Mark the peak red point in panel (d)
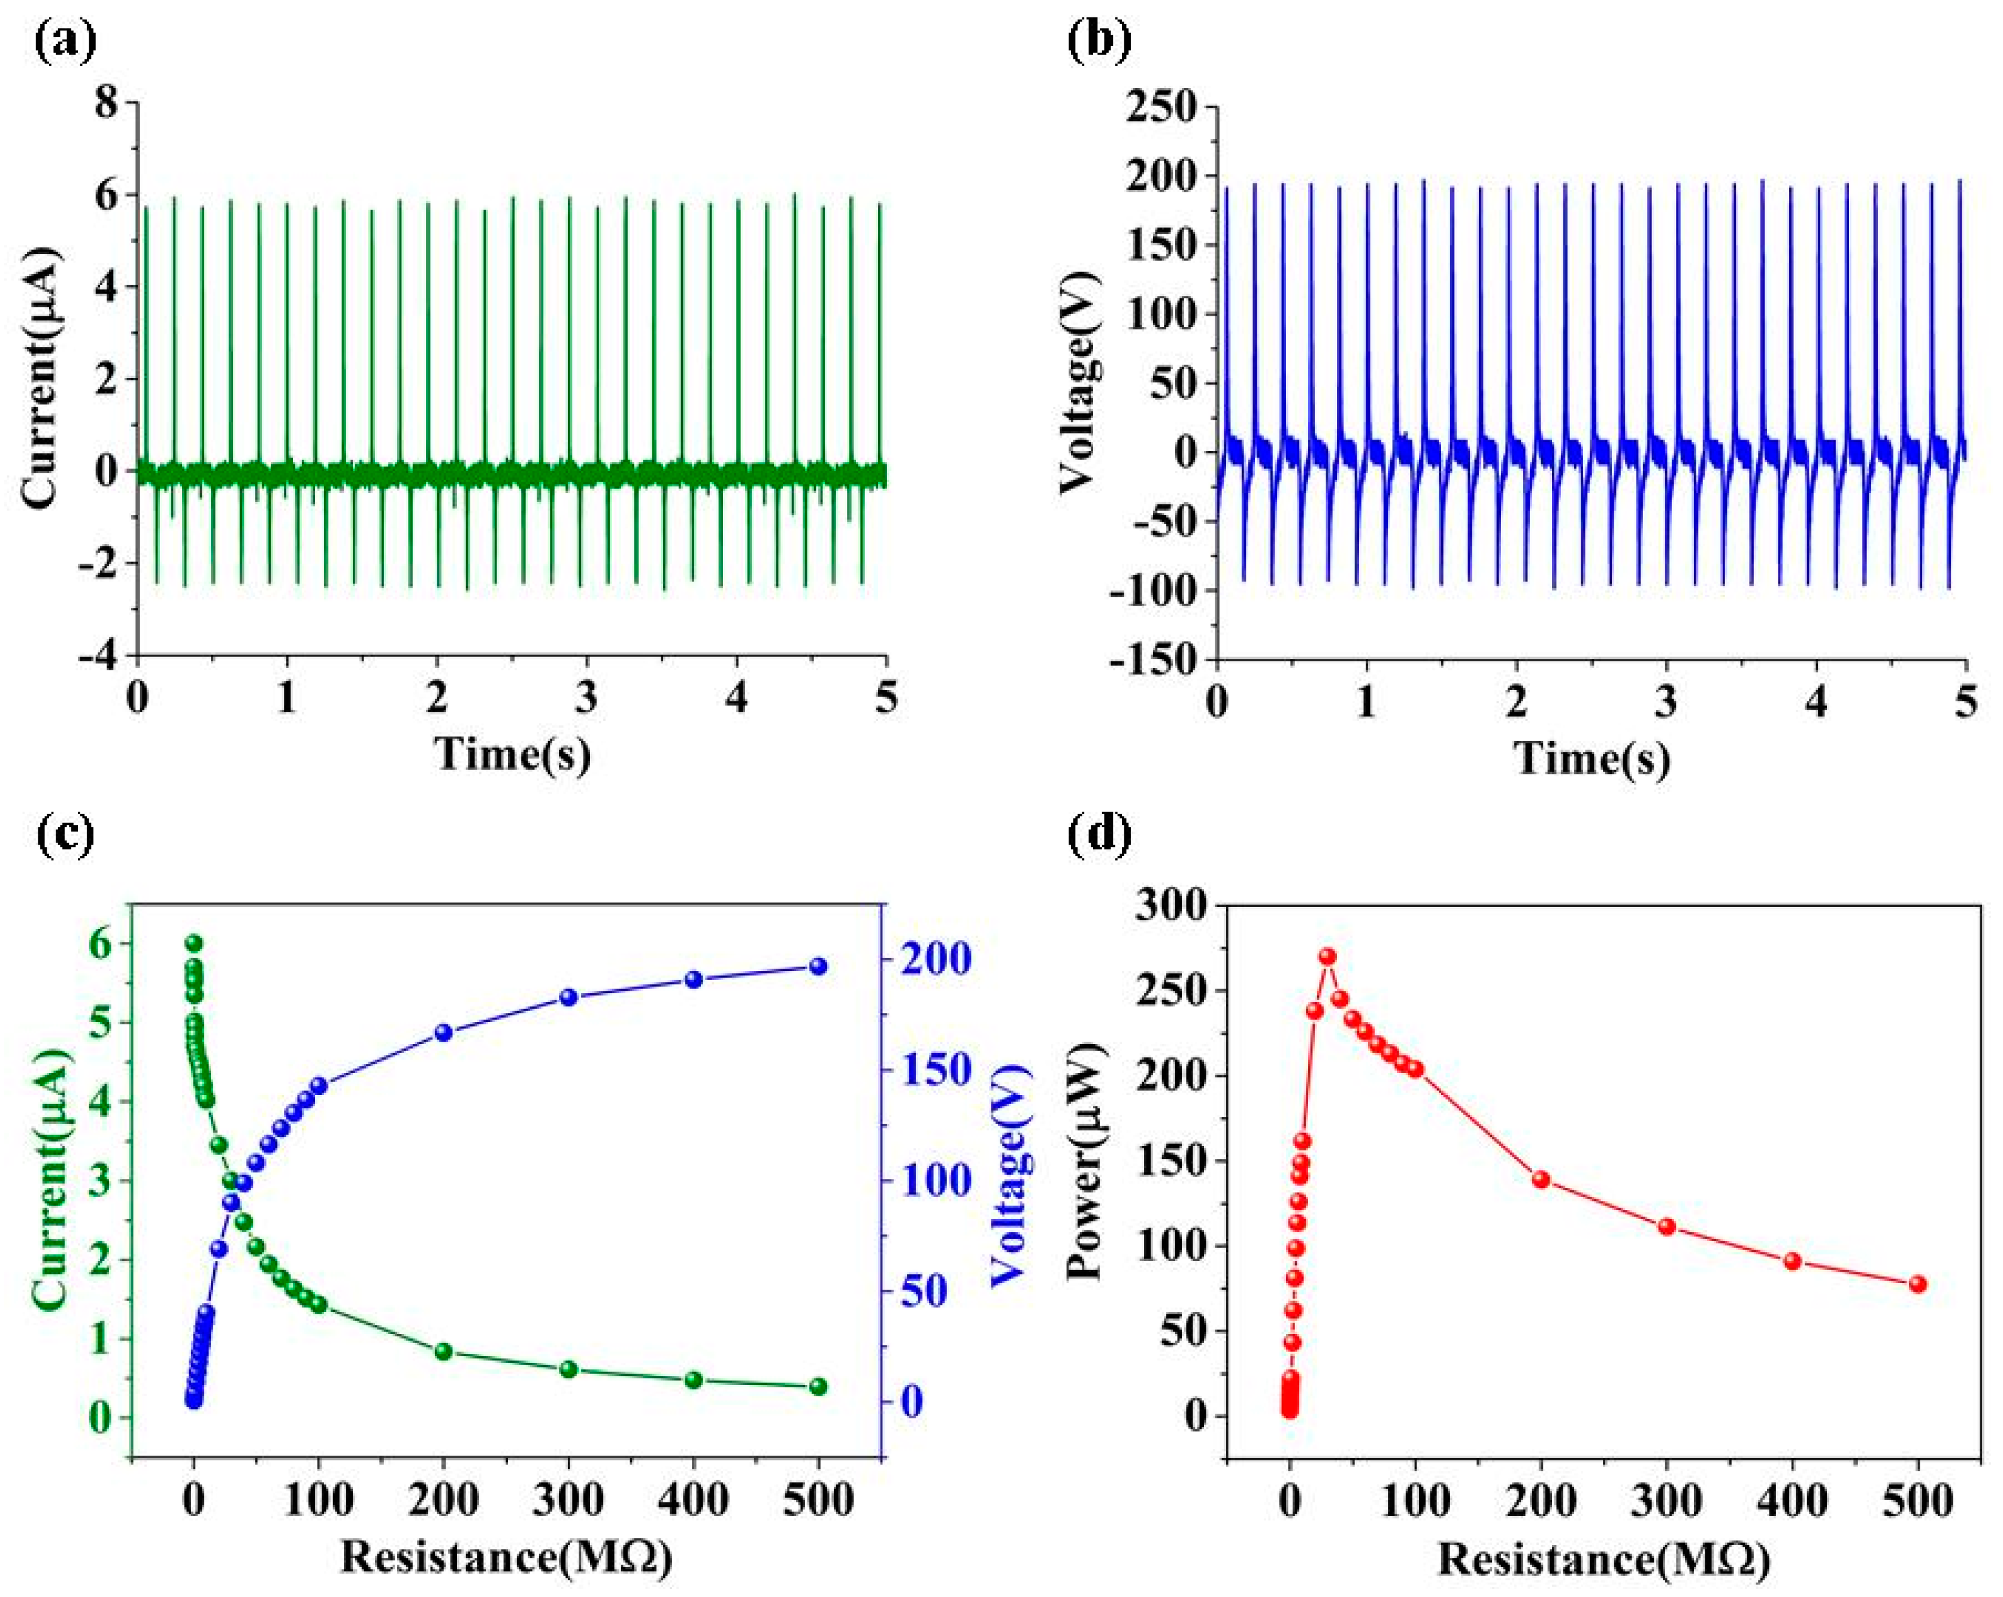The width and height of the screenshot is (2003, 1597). point(1327,957)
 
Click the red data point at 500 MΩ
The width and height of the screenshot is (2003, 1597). point(1917,1284)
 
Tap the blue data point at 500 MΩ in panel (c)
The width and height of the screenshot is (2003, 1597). point(818,966)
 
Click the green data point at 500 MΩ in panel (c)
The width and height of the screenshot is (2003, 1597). point(818,1386)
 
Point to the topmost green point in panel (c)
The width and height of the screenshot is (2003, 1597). point(193,943)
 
